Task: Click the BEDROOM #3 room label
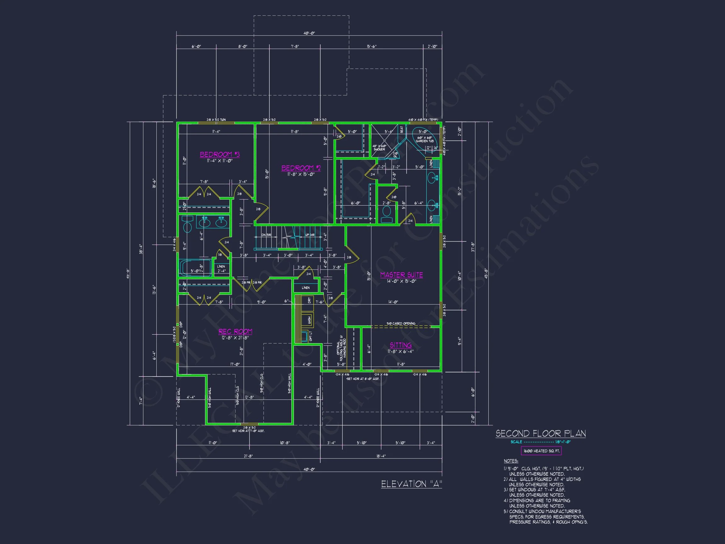tap(220, 154)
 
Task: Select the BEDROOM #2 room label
tap(301, 168)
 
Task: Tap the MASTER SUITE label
tap(401, 275)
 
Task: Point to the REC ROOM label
tap(235, 331)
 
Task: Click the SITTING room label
tap(401, 345)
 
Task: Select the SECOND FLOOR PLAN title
tap(541, 433)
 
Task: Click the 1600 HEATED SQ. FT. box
tap(541, 451)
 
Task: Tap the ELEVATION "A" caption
tap(411, 484)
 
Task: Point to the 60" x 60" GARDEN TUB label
tap(424, 139)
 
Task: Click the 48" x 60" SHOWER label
tap(379, 148)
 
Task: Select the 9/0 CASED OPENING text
tap(401, 323)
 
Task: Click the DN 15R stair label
tap(266, 235)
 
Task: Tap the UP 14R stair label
tap(310, 235)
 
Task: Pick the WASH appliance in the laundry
tap(309, 319)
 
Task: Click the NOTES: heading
tap(511, 461)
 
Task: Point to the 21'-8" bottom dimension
tap(248, 456)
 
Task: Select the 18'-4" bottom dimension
tap(381, 456)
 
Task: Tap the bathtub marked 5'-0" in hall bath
tap(195, 267)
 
